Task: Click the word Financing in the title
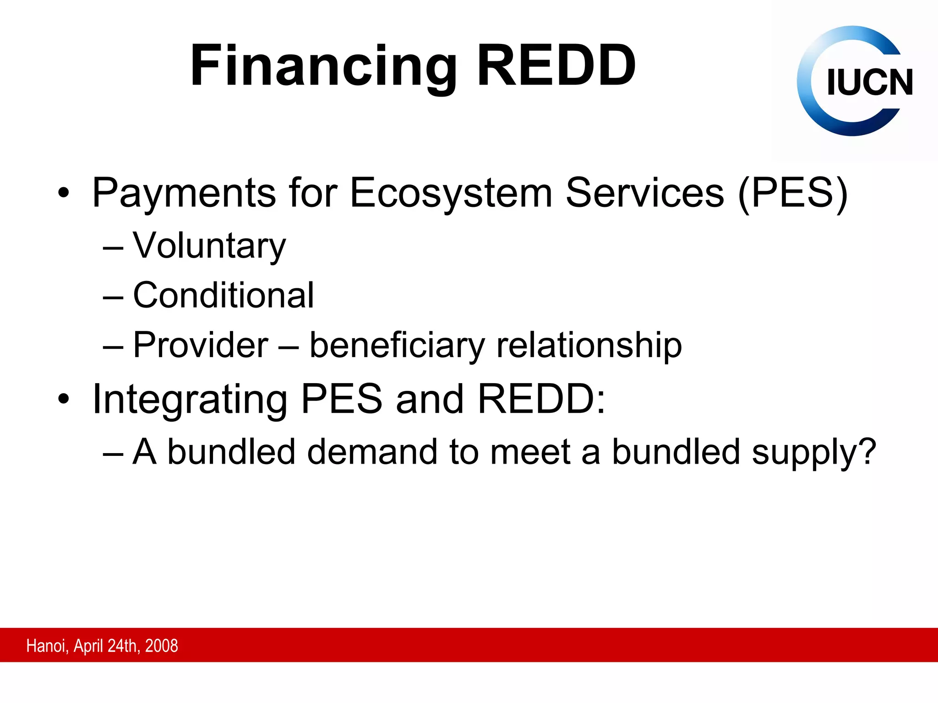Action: [323, 66]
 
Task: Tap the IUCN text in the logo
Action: [869, 83]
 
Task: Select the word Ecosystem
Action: [451, 194]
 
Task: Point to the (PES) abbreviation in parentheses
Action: [793, 194]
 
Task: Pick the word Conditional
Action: [224, 296]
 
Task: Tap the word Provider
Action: [201, 345]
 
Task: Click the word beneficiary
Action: [397, 345]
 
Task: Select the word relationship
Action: [589, 345]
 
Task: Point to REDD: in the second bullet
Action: [541, 399]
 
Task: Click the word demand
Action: [372, 452]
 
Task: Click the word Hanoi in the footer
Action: [47, 646]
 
